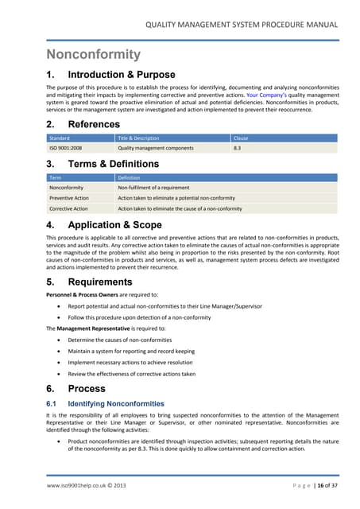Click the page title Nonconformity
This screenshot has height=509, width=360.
tap(93, 54)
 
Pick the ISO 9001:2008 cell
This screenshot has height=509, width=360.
tap(67, 148)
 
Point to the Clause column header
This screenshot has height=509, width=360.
tap(241, 138)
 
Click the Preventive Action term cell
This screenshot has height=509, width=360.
tap(69, 198)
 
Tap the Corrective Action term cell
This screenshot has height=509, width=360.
tap(69, 208)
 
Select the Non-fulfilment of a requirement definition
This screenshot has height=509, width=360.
tap(154, 188)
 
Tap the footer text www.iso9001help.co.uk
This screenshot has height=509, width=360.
tap(79, 485)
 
